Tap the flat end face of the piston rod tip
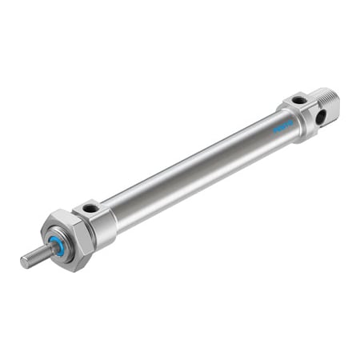tap(24, 261)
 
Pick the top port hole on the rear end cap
tap(298, 101)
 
